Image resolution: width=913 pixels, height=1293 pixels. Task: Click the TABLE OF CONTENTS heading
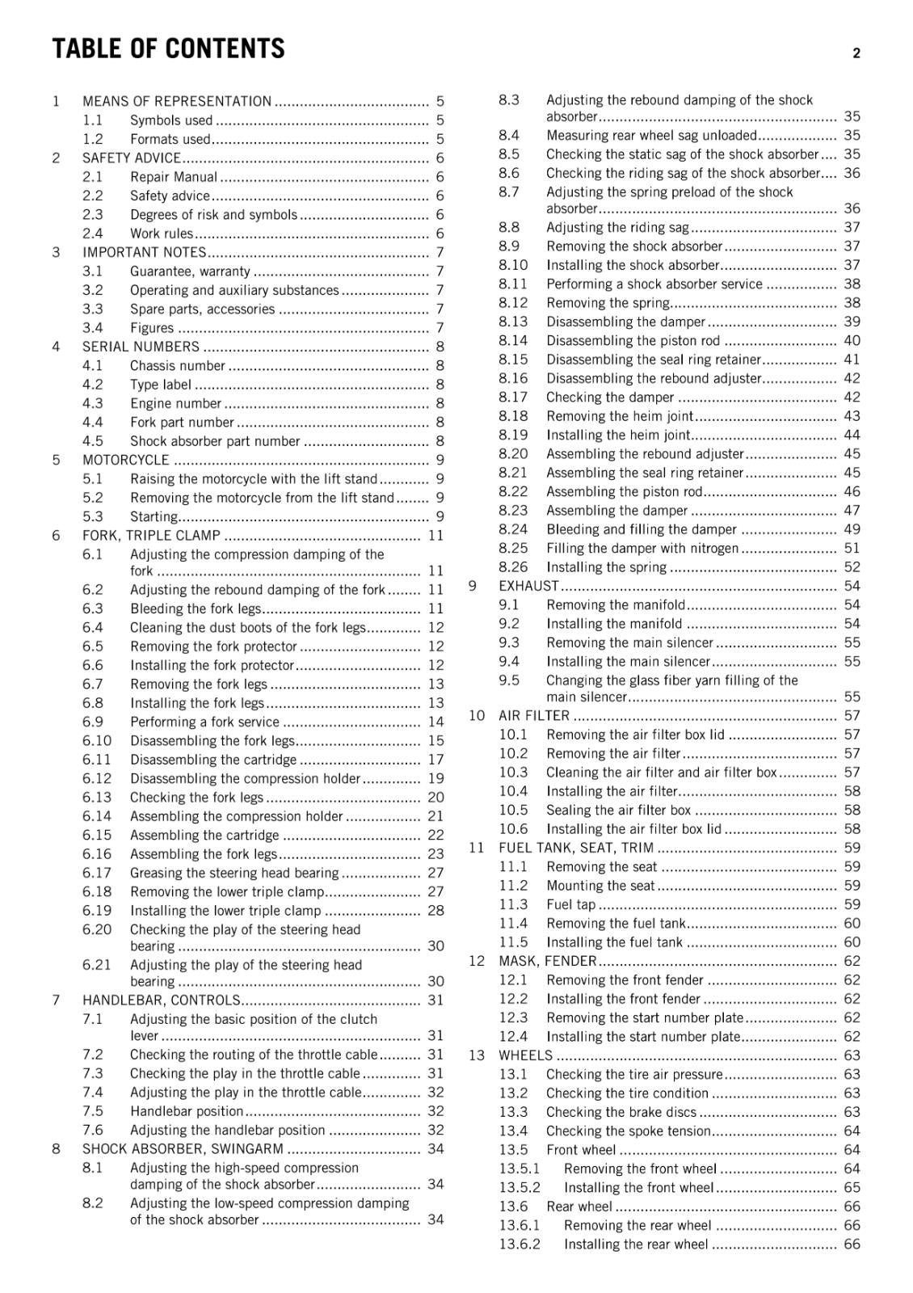(168, 49)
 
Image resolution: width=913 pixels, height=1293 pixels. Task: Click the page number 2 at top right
(856, 54)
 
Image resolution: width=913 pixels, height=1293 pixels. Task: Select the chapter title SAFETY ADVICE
(131, 158)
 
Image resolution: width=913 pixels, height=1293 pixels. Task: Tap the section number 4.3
(93, 403)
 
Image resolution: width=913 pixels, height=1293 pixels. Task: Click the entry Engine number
(175, 403)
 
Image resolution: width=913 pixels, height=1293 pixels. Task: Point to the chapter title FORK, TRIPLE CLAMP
(151, 536)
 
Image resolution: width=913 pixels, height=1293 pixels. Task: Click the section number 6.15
(97, 835)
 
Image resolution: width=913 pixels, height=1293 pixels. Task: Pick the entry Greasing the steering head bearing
(234, 873)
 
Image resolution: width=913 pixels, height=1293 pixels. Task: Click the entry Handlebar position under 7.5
(187, 1111)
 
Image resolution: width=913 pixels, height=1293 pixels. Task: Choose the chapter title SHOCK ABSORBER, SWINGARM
(183, 1149)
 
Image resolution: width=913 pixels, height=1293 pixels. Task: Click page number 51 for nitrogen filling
(852, 548)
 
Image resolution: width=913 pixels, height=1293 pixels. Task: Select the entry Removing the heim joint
(620, 416)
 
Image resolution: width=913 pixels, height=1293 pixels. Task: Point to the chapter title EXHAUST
(528, 586)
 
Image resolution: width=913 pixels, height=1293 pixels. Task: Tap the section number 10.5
(513, 810)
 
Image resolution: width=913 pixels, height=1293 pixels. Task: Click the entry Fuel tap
(570, 904)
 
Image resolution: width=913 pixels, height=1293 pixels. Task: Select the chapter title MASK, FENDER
(547, 961)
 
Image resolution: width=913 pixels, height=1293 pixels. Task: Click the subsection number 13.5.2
(520, 1187)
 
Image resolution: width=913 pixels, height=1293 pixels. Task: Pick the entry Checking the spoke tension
(628, 1131)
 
